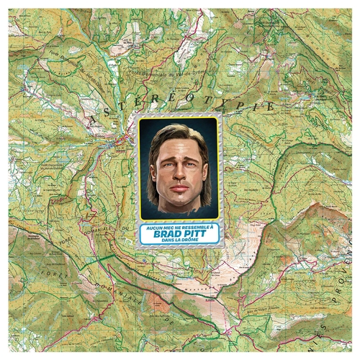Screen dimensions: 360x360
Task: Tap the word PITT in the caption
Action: tap(195, 233)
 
